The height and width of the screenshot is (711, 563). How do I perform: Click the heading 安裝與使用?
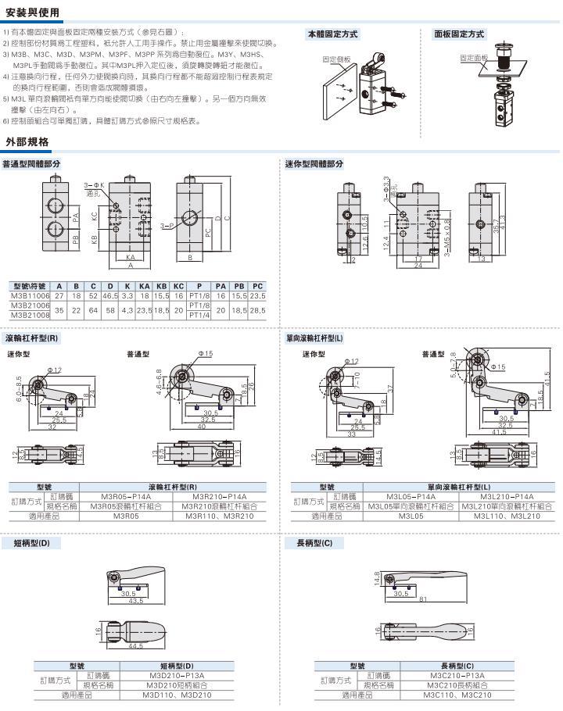pos(27,13)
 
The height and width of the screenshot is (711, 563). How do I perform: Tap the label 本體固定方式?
pos(333,34)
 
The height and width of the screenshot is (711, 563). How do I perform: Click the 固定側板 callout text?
pos(335,59)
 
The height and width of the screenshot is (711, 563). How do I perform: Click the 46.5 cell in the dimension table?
pos(109,296)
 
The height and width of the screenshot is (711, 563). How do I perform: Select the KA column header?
pos(144,287)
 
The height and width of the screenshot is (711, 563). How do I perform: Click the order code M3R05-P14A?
pos(131,496)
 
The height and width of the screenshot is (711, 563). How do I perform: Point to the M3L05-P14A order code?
pos(411,496)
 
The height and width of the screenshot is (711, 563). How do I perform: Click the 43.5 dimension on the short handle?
pos(136,600)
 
